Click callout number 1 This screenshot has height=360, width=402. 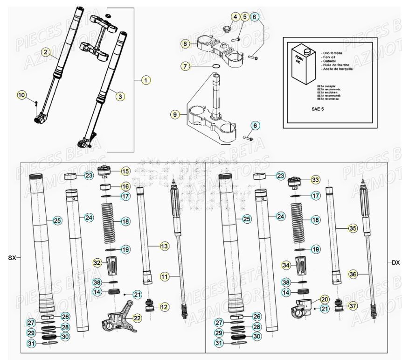point(146,80)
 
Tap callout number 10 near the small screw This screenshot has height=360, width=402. point(22,95)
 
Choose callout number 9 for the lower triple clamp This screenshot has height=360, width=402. point(174,114)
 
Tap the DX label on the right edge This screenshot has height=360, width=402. point(395,262)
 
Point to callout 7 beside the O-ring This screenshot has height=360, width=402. point(186,67)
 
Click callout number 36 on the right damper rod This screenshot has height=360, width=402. point(353,275)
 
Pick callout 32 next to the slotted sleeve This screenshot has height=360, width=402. point(97,263)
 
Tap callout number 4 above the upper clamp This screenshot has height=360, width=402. point(236,17)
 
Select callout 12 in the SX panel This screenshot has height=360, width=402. point(164,307)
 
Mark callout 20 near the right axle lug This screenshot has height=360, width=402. point(324,299)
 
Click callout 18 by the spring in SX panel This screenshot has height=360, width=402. point(125,221)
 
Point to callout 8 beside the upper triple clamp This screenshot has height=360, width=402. point(186,44)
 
